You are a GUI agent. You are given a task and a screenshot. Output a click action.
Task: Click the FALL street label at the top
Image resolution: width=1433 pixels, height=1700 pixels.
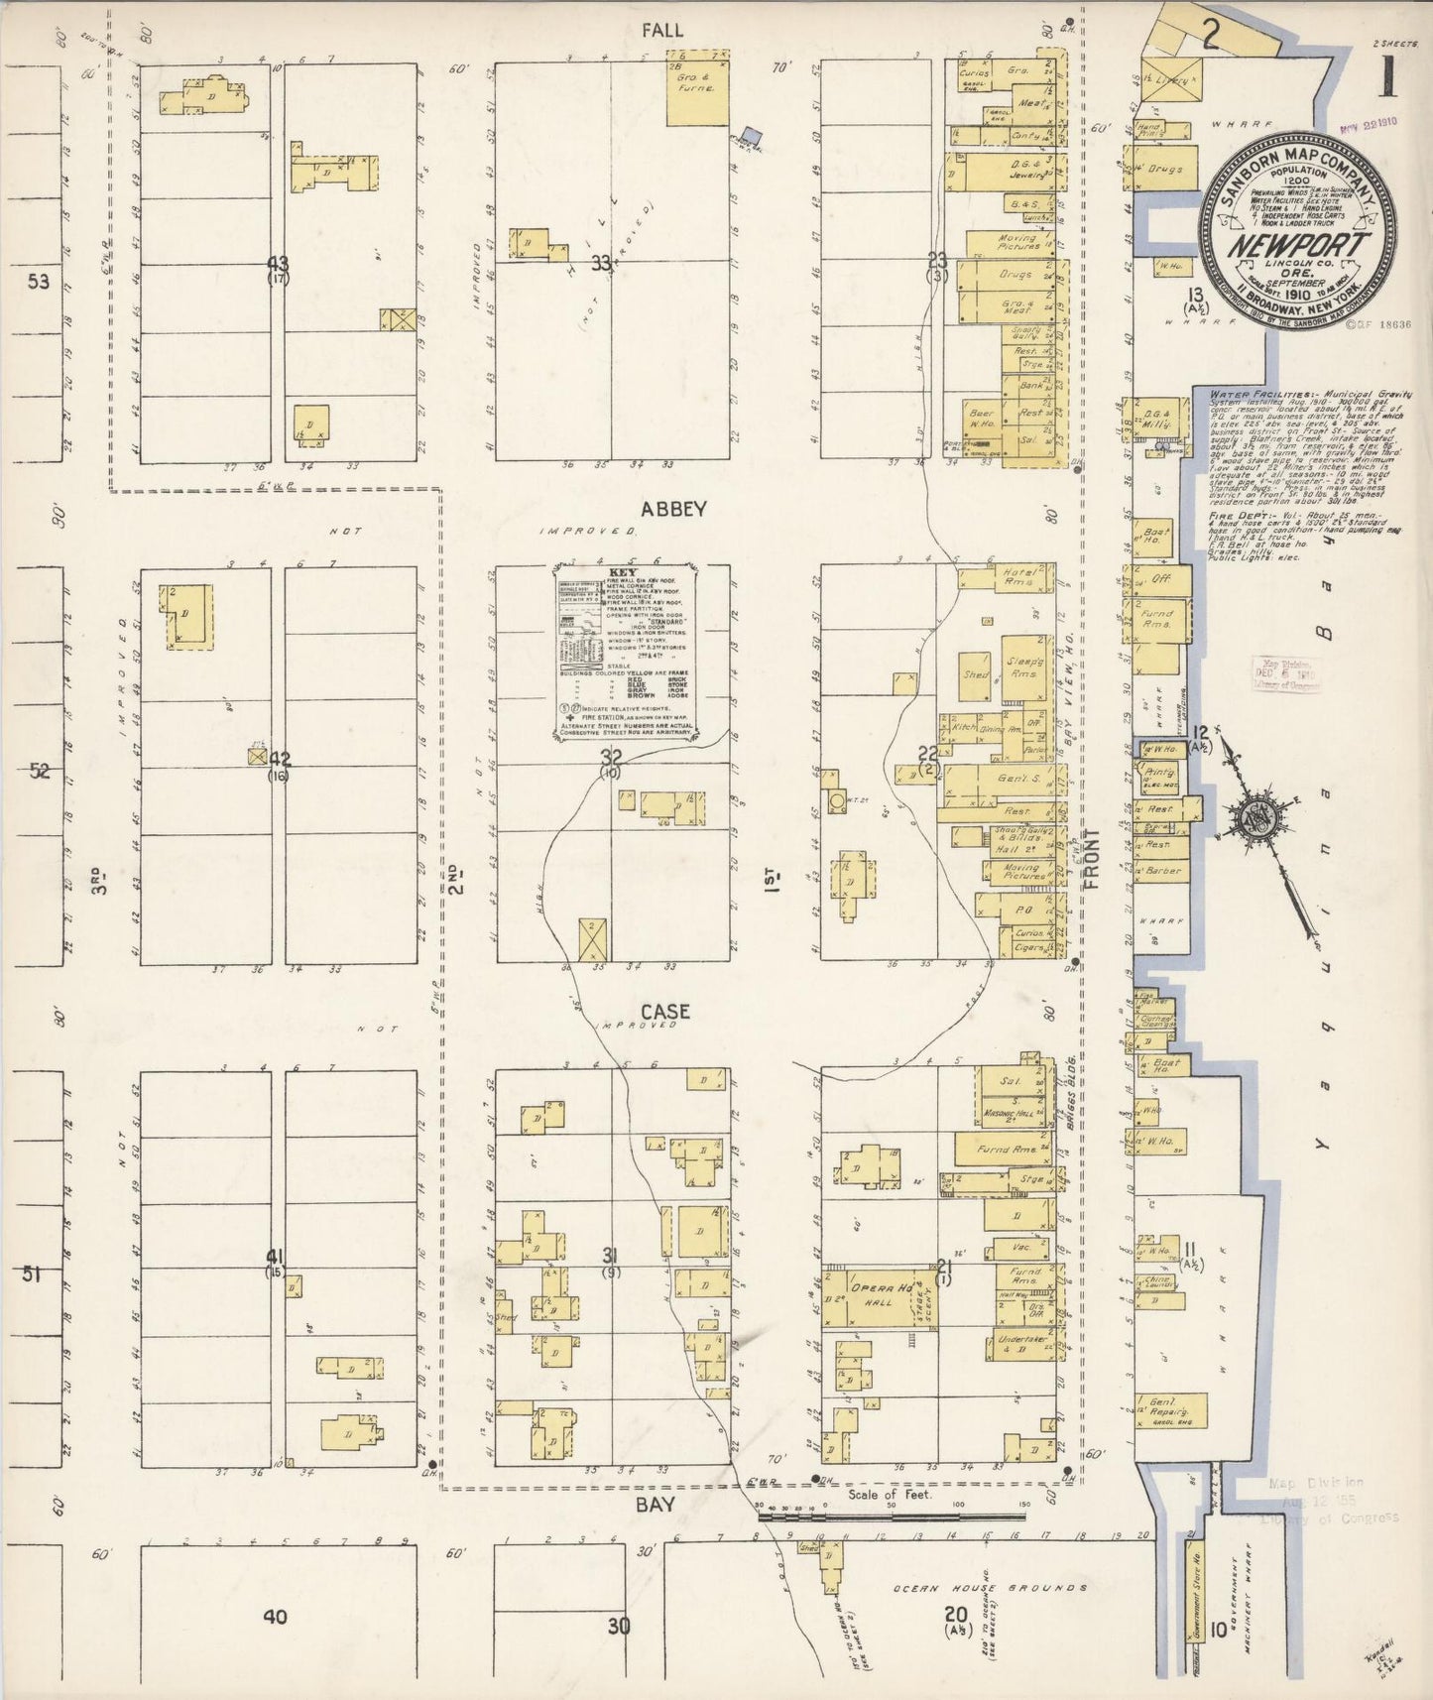click(661, 31)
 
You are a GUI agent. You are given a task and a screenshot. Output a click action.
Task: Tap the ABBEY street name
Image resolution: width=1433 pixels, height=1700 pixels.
click(673, 509)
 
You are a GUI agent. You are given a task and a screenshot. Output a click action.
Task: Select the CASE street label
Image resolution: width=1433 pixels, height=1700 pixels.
click(665, 1011)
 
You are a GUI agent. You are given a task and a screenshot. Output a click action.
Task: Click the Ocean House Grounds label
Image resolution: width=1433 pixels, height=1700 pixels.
click(990, 1588)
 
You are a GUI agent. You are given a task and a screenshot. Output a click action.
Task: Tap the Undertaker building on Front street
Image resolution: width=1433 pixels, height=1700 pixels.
click(1021, 1344)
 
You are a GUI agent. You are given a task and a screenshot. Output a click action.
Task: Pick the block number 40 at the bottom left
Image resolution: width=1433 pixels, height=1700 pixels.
click(275, 1618)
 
